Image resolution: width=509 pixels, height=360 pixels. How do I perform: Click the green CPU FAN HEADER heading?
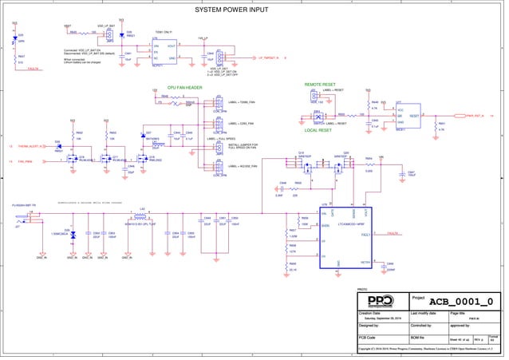pos(183,89)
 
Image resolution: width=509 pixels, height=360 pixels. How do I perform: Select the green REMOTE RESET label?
pos(319,84)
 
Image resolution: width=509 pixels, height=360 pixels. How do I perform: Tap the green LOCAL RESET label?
pos(319,129)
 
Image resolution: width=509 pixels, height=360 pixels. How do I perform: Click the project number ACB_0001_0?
pos(460,301)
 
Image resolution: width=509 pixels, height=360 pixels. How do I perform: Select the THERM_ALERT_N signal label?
pos(33,147)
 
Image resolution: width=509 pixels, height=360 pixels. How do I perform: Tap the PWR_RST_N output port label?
pos(477,116)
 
